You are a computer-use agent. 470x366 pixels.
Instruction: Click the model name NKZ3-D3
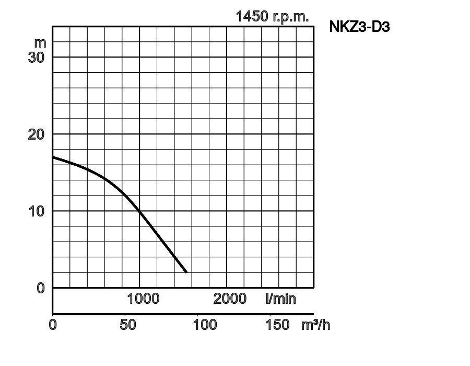359,27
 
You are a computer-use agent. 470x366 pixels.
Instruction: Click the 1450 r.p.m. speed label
272,16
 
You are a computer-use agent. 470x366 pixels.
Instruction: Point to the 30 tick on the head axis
37,57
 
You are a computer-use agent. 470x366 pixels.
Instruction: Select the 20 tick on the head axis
37,134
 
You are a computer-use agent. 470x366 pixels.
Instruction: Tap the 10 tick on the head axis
37,211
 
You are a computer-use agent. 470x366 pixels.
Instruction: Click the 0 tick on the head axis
41,288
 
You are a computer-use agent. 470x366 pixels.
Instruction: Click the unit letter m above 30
40,42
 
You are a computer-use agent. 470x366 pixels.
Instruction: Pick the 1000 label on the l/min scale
143,299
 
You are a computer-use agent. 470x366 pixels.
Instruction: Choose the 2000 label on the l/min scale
230,299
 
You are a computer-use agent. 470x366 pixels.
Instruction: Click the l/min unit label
280,299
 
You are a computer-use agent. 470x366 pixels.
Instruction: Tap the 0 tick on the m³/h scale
53,325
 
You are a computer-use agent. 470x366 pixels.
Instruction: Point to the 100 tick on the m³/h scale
205,325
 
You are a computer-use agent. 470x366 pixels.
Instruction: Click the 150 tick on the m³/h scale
277,325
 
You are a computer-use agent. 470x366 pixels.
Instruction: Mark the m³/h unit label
315,325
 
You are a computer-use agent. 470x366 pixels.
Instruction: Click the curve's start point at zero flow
53,157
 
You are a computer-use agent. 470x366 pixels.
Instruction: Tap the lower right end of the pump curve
186,272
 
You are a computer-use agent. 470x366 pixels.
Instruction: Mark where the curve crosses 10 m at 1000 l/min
140,211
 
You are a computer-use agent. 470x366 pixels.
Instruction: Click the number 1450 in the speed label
253,16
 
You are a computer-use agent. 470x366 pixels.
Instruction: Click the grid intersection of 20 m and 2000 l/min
227,134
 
